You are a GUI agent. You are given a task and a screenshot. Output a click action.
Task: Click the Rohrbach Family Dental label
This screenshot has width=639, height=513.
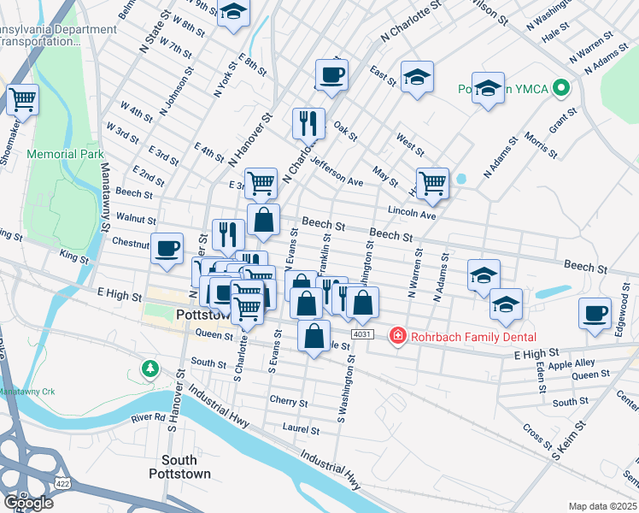[x=472, y=335]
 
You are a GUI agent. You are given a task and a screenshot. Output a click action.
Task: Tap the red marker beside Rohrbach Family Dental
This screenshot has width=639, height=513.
[x=397, y=335]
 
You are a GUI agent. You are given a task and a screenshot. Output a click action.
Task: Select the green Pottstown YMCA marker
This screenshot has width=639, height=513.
[x=561, y=88]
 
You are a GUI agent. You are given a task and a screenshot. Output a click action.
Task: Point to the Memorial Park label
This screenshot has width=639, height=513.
[x=65, y=155]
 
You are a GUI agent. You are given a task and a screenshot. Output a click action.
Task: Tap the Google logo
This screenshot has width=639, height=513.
[x=28, y=502]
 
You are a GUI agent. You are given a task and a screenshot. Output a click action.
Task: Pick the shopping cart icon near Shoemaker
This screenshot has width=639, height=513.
[x=23, y=98]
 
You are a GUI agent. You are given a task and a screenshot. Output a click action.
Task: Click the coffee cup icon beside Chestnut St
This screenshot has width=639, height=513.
[x=167, y=247]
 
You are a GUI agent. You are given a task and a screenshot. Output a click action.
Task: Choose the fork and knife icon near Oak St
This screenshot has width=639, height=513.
[x=308, y=122]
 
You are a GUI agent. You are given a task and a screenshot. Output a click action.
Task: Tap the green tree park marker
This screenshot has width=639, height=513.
[x=150, y=369]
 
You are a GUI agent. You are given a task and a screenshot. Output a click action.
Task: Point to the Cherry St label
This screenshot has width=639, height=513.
[x=288, y=401]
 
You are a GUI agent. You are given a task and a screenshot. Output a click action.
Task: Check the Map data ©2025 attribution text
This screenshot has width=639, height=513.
[x=603, y=506]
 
